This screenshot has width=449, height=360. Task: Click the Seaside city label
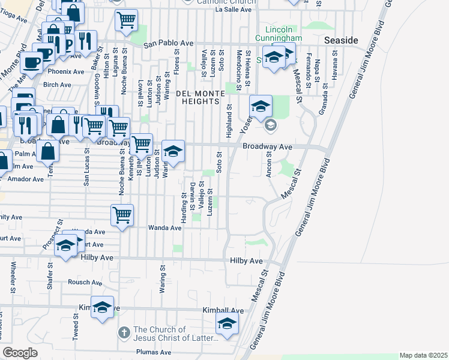(x=340, y=40)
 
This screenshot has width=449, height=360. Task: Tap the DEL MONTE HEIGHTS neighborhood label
(x=197, y=97)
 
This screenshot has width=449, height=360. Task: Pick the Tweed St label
(x=76, y=329)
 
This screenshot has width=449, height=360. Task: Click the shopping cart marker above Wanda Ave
(x=122, y=214)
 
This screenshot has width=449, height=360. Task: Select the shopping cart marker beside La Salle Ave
(x=127, y=19)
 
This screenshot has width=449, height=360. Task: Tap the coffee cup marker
(x=32, y=61)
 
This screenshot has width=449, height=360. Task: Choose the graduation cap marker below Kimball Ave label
(x=226, y=324)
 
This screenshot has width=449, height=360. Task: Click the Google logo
(x=20, y=353)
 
